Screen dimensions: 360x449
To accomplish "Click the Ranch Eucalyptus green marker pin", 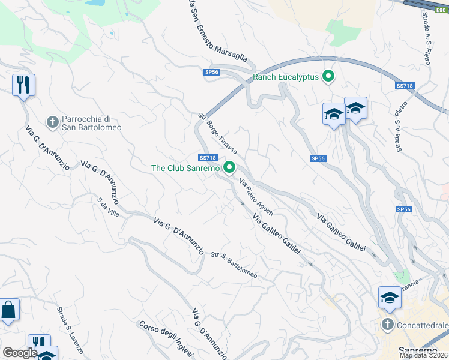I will (328, 77).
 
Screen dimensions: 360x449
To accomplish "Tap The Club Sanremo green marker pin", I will (229, 168).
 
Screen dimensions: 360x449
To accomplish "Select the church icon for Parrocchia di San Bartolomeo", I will (53, 122).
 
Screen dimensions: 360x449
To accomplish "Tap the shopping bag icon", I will (9, 310).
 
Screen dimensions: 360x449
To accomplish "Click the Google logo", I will (19, 353).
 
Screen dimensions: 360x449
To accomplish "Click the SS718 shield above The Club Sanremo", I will (206, 158).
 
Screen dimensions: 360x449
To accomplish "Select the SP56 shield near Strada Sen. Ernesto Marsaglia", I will (212, 72).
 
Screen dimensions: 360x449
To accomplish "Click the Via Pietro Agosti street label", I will (256, 197).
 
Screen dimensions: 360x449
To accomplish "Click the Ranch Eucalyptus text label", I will (286, 77).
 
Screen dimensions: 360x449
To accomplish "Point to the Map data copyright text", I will (424, 355).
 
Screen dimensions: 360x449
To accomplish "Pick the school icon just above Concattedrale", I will (389, 298).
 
